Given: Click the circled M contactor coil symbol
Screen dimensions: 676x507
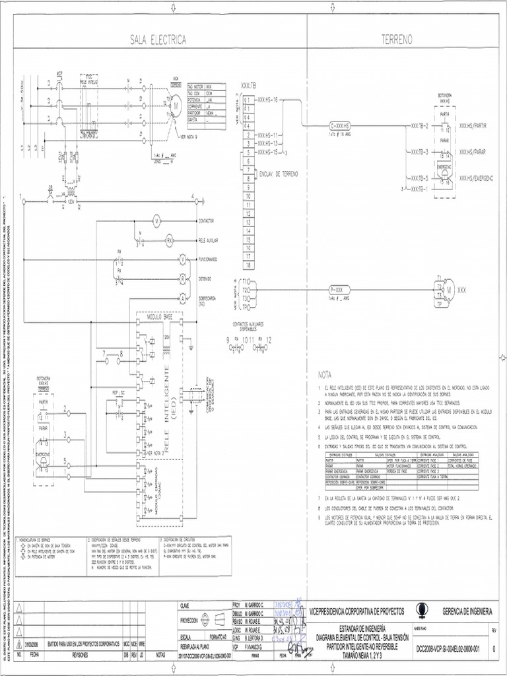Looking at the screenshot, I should tap(157, 219).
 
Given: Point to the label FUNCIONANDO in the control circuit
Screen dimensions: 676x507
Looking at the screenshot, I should tap(212, 259).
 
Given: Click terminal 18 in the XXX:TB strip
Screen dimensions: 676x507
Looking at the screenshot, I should tap(248, 265).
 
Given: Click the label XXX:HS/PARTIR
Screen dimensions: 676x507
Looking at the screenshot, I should tap(475, 125).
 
